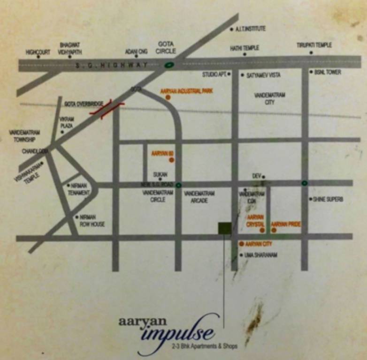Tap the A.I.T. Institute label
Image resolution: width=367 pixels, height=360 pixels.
[x=250, y=29]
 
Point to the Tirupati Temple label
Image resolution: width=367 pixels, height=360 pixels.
[x=314, y=45]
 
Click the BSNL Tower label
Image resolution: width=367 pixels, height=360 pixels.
[x=328, y=72]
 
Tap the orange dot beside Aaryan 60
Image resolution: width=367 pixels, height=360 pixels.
[x=171, y=160]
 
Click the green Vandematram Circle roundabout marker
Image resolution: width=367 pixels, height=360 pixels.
[x=178, y=186]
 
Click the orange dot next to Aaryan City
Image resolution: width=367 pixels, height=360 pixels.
[x=241, y=244]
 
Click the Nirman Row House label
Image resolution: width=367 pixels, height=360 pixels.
[x=92, y=221]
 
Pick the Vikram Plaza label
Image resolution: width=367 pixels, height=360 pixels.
[x=66, y=123]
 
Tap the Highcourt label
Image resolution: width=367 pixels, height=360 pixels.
[x=38, y=52]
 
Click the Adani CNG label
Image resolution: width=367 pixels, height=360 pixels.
[x=136, y=52]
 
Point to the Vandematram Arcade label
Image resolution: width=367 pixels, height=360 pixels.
[x=199, y=197]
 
